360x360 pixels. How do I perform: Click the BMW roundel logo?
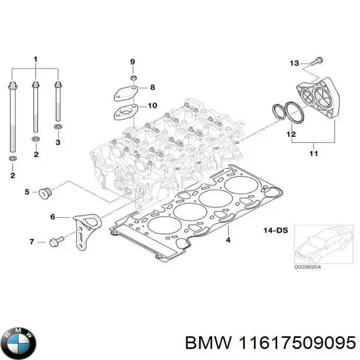point(20,342)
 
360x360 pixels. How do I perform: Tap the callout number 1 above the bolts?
point(35,59)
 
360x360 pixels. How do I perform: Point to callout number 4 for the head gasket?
point(227,241)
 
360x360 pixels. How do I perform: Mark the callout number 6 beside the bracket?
point(52,217)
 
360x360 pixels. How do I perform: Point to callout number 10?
point(152,106)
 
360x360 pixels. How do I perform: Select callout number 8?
point(152,88)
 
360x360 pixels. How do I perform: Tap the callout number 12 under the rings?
point(290,134)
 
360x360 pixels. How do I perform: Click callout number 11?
point(313,154)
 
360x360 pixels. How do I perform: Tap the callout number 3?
point(58,143)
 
